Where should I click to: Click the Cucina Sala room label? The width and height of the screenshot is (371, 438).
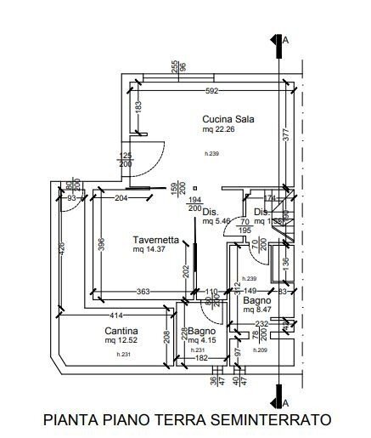coord(228,119)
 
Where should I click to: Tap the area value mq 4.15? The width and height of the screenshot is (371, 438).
coord(202,341)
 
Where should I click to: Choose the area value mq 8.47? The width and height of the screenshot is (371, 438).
coord(256,310)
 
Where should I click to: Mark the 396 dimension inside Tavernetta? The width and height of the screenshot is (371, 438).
coord(100,243)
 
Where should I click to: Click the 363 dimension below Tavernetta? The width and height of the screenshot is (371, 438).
coord(143,293)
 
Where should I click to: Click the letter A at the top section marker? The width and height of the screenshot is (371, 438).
coord(286,39)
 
